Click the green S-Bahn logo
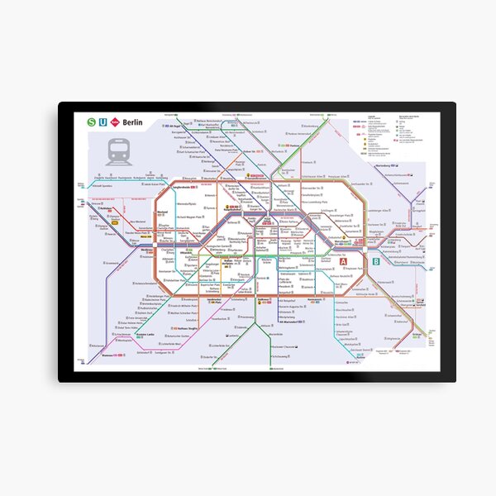[91, 122]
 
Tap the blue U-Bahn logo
[103, 122]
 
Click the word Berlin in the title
[132, 122]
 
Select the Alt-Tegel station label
[173, 125]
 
